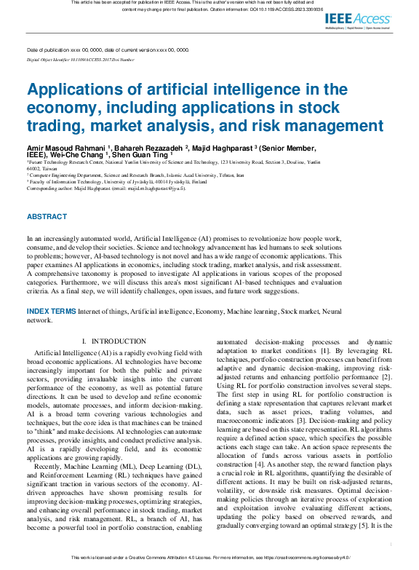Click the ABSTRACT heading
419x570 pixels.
tap(47, 217)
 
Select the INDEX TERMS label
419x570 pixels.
tap(51, 311)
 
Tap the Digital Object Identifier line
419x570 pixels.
tap(80, 60)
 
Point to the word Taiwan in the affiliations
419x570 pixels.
tap(49, 168)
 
